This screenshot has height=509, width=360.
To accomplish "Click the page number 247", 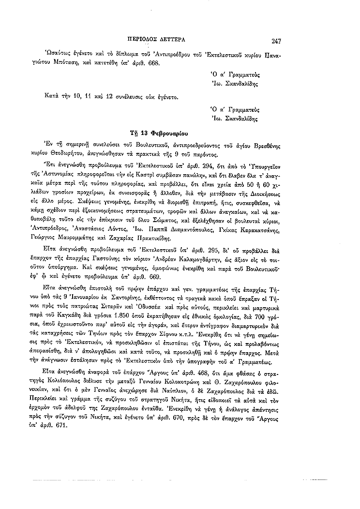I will [x=276, y=41].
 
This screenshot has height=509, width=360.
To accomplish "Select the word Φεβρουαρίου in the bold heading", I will [x=169, y=132].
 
